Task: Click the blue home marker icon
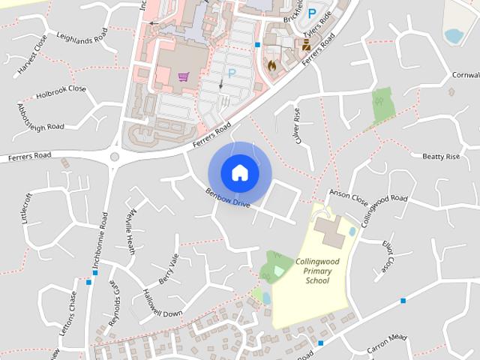click(x=239, y=172)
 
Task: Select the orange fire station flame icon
click(x=271, y=65)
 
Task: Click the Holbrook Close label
click(x=61, y=92)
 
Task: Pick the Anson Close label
click(x=348, y=198)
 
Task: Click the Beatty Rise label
click(x=440, y=156)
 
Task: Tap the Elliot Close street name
click(x=388, y=256)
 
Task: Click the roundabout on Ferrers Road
click(x=115, y=157)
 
